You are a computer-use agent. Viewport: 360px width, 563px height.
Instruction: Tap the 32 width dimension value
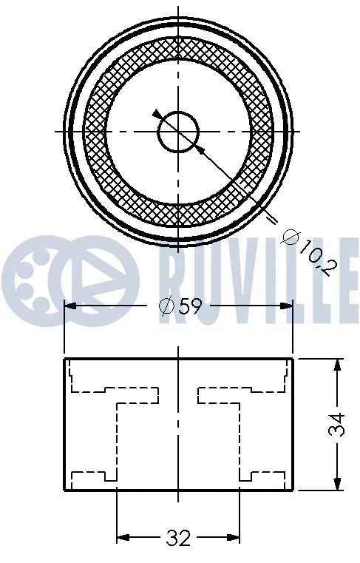click(178, 538)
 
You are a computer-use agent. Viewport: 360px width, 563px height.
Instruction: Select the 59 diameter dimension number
click(190, 306)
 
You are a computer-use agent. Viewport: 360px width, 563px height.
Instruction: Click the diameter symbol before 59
click(166, 306)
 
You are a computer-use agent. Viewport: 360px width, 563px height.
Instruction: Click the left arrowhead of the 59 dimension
click(72, 305)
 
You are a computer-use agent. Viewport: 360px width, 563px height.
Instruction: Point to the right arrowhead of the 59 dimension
click(286, 305)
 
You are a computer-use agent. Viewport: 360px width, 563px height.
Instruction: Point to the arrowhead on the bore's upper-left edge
click(157, 115)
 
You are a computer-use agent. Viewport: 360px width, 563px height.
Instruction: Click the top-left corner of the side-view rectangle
click(65, 359)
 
